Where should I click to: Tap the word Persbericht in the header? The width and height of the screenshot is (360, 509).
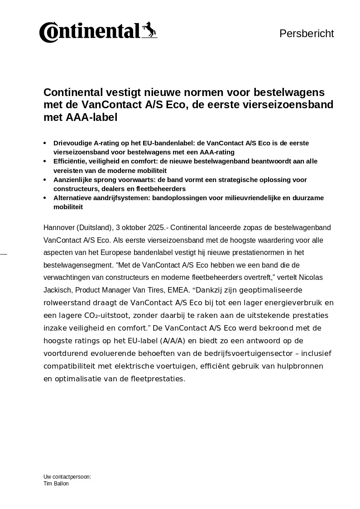tap(307, 34)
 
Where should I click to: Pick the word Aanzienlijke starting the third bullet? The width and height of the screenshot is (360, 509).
tap(74, 180)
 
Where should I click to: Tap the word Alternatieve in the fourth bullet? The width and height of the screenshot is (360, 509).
tap(73, 198)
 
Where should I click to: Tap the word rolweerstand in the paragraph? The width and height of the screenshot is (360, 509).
tap(66, 303)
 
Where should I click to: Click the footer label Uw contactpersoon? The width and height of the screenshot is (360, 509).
tap(67, 477)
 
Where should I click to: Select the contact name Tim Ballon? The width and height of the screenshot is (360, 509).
tap(56, 484)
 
